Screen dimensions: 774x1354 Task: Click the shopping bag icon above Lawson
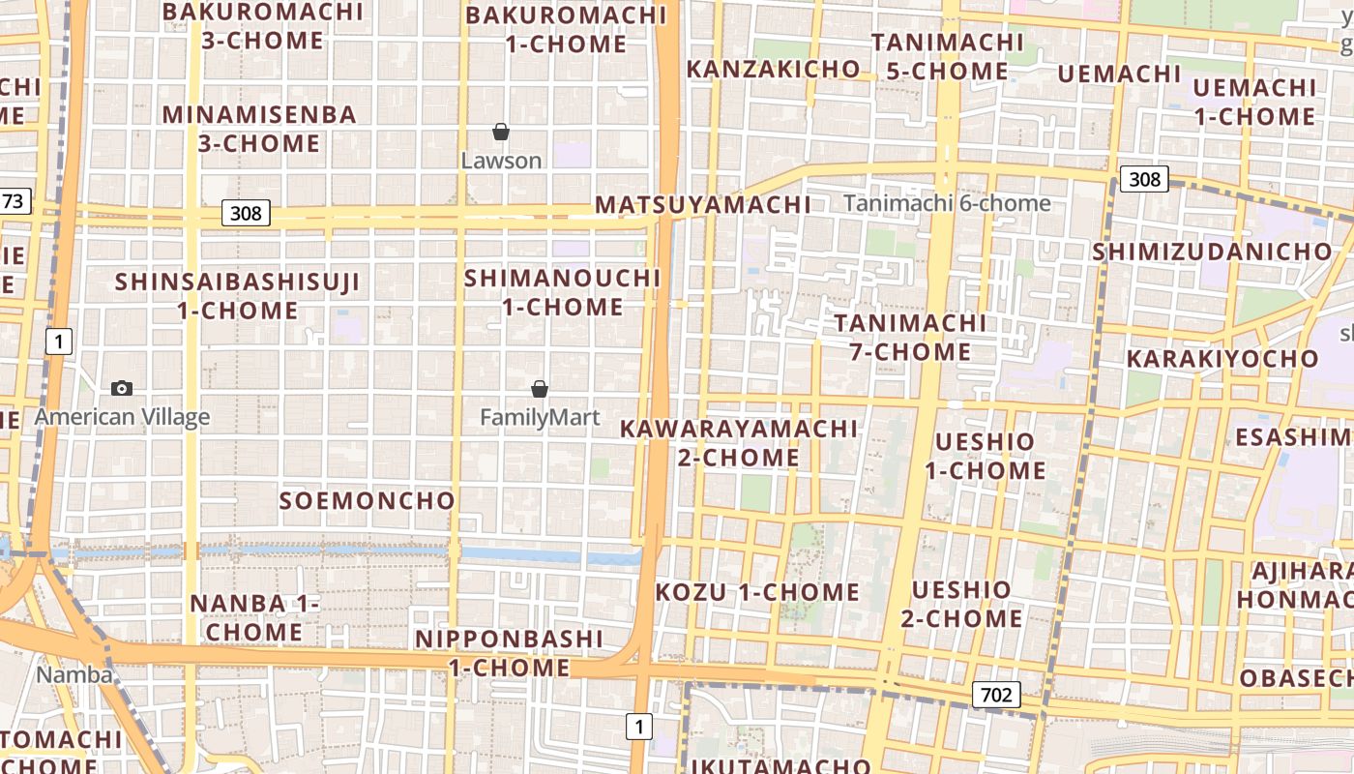click(501, 132)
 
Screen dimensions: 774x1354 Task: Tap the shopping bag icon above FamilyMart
click(540, 389)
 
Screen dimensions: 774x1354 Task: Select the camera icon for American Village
click(122, 388)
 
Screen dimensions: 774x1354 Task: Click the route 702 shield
click(995, 695)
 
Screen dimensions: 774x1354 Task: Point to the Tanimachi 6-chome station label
click(947, 203)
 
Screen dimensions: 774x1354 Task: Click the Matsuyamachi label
click(703, 205)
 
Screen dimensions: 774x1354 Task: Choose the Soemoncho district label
click(367, 500)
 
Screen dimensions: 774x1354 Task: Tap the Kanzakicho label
click(773, 69)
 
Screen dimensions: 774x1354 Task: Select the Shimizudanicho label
click(1213, 252)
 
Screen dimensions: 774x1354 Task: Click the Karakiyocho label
click(1222, 358)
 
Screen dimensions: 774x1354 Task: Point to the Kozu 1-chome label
click(757, 592)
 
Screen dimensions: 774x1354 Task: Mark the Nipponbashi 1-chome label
click(510, 653)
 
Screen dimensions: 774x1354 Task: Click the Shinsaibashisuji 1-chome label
click(237, 296)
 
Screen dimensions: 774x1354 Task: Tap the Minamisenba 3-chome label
click(259, 129)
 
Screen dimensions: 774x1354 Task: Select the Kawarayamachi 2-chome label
click(739, 442)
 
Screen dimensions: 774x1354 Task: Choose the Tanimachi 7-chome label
click(910, 337)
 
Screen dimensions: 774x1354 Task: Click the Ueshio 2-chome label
click(961, 604)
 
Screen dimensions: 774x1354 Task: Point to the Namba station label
click(74, 674)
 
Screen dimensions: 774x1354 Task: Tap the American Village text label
click(122, 417)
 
